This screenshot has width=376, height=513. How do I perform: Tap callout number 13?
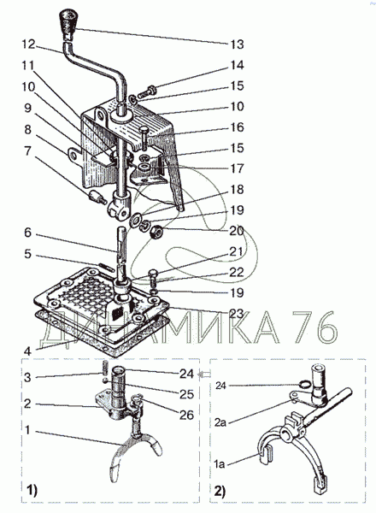(237, 44)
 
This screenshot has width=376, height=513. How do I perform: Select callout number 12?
(28, 44)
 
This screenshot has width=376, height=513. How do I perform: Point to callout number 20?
(237, 231)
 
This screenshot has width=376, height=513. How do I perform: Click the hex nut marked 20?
(156, 233)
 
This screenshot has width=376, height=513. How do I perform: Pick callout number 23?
(237, 314)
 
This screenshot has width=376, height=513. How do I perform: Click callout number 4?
(27, 351)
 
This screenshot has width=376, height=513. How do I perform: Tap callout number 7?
(27, 150)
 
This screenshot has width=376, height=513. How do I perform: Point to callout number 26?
(186, 415)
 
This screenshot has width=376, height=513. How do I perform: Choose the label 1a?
(220, 463)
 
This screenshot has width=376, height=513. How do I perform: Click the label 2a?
(220, 422)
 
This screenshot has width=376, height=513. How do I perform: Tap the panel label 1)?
(32, 491)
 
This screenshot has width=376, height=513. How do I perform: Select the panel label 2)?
(220, 491)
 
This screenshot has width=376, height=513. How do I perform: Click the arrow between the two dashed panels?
(205, 374)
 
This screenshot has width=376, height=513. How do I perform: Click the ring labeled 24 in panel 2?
(304, 384)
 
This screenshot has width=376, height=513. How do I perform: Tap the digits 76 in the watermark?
(314, 327)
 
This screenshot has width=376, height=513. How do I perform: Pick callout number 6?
(28, 233)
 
